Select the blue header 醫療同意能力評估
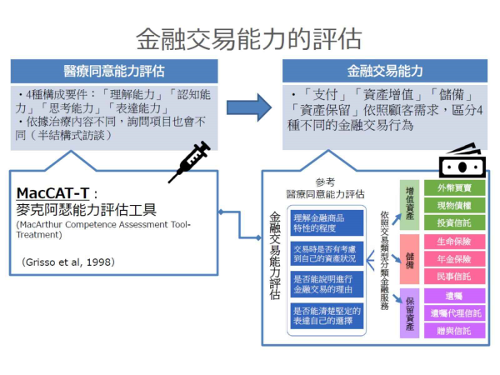coord(114,71)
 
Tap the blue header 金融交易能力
coord(385,71)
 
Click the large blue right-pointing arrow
coord(249,107)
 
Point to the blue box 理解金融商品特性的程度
coord(327,222)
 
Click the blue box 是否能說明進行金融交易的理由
coord(327,285)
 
